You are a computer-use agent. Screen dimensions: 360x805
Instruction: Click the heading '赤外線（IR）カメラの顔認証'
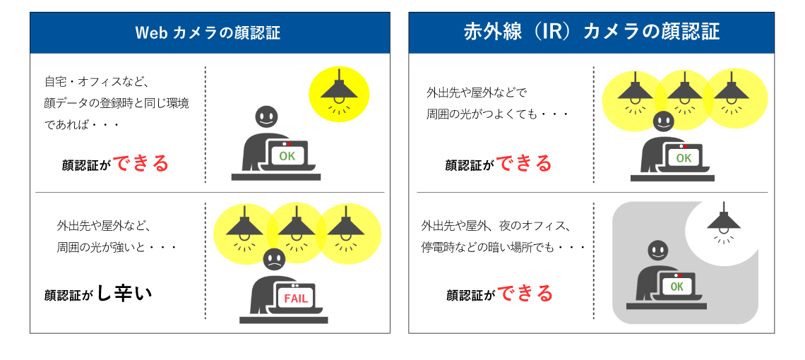(591, 32)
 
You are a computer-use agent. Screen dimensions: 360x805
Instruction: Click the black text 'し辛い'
(124, 293)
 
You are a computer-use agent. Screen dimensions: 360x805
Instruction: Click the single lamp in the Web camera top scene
(339, 92)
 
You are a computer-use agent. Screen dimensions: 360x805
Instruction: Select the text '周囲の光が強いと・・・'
(117, 248)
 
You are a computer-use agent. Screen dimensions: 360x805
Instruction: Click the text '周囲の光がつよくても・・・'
(498, 114)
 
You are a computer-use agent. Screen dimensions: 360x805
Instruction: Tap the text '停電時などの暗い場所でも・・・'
(503, 248)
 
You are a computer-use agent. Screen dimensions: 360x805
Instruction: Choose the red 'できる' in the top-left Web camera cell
(141, 164)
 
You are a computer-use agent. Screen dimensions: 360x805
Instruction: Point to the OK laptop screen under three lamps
(684, 158)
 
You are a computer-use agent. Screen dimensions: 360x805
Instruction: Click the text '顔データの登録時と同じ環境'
(117, 103)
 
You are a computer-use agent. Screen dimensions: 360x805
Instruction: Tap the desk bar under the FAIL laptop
(283, 319)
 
